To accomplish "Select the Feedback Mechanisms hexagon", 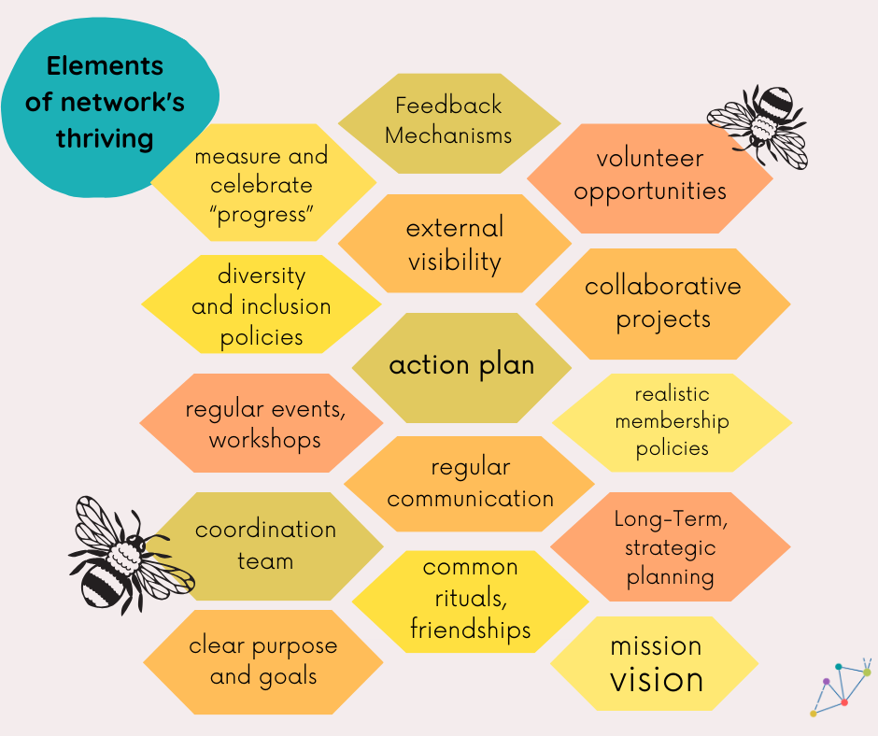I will [448, 121].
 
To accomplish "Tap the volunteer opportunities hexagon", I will [650, 176].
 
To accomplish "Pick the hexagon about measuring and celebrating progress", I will [261, 184].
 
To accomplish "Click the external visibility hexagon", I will [454, 244].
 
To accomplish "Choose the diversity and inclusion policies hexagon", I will [262, 305].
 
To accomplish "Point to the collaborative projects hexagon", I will [663, 303].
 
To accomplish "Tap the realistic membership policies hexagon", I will [672, 421].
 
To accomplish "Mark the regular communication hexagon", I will [470, 482].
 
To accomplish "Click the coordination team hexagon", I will [266, 545].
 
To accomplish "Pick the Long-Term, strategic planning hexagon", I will [671, 547].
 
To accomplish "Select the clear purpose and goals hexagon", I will [262, 661].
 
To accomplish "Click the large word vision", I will [657, 680].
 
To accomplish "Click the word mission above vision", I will [656, 645].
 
